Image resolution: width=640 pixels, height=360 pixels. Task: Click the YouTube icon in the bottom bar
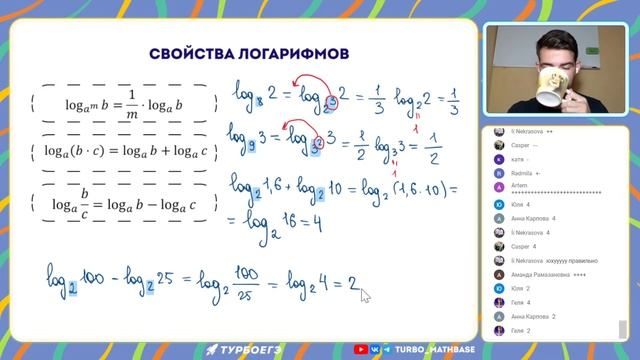360,349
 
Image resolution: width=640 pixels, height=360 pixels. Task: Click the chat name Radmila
524,172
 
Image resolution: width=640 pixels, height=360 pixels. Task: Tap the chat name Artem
517,186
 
